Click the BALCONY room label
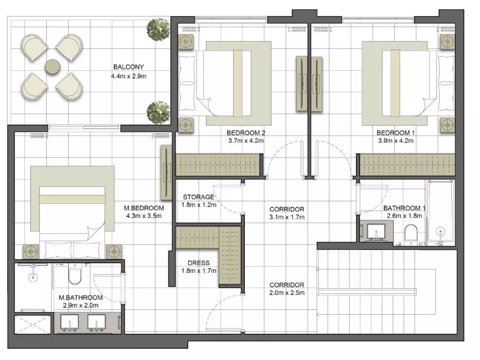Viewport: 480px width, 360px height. (128, 67)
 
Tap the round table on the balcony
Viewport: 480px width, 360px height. (52, 67)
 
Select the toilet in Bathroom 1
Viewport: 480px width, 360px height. (410, 235)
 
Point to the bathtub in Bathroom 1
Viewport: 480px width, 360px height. (440, 212)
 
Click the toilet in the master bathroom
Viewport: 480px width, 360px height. (75, 274)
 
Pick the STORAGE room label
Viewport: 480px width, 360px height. (198, 197)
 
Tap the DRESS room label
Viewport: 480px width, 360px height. (198, 263)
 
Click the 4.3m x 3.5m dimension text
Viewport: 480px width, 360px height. (144, 216)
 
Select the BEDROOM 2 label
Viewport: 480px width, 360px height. (245, 133)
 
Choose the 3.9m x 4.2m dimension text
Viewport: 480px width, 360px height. (395, 141)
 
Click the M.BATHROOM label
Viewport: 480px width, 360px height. (80, 298)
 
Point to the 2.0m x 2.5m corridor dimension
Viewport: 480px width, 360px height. (287, 292)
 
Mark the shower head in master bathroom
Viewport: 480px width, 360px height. (33, 277)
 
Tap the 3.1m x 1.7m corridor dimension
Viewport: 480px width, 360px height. (287, 217)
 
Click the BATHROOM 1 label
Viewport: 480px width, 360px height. (404, 208)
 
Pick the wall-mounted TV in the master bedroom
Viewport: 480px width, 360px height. (166, 173)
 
